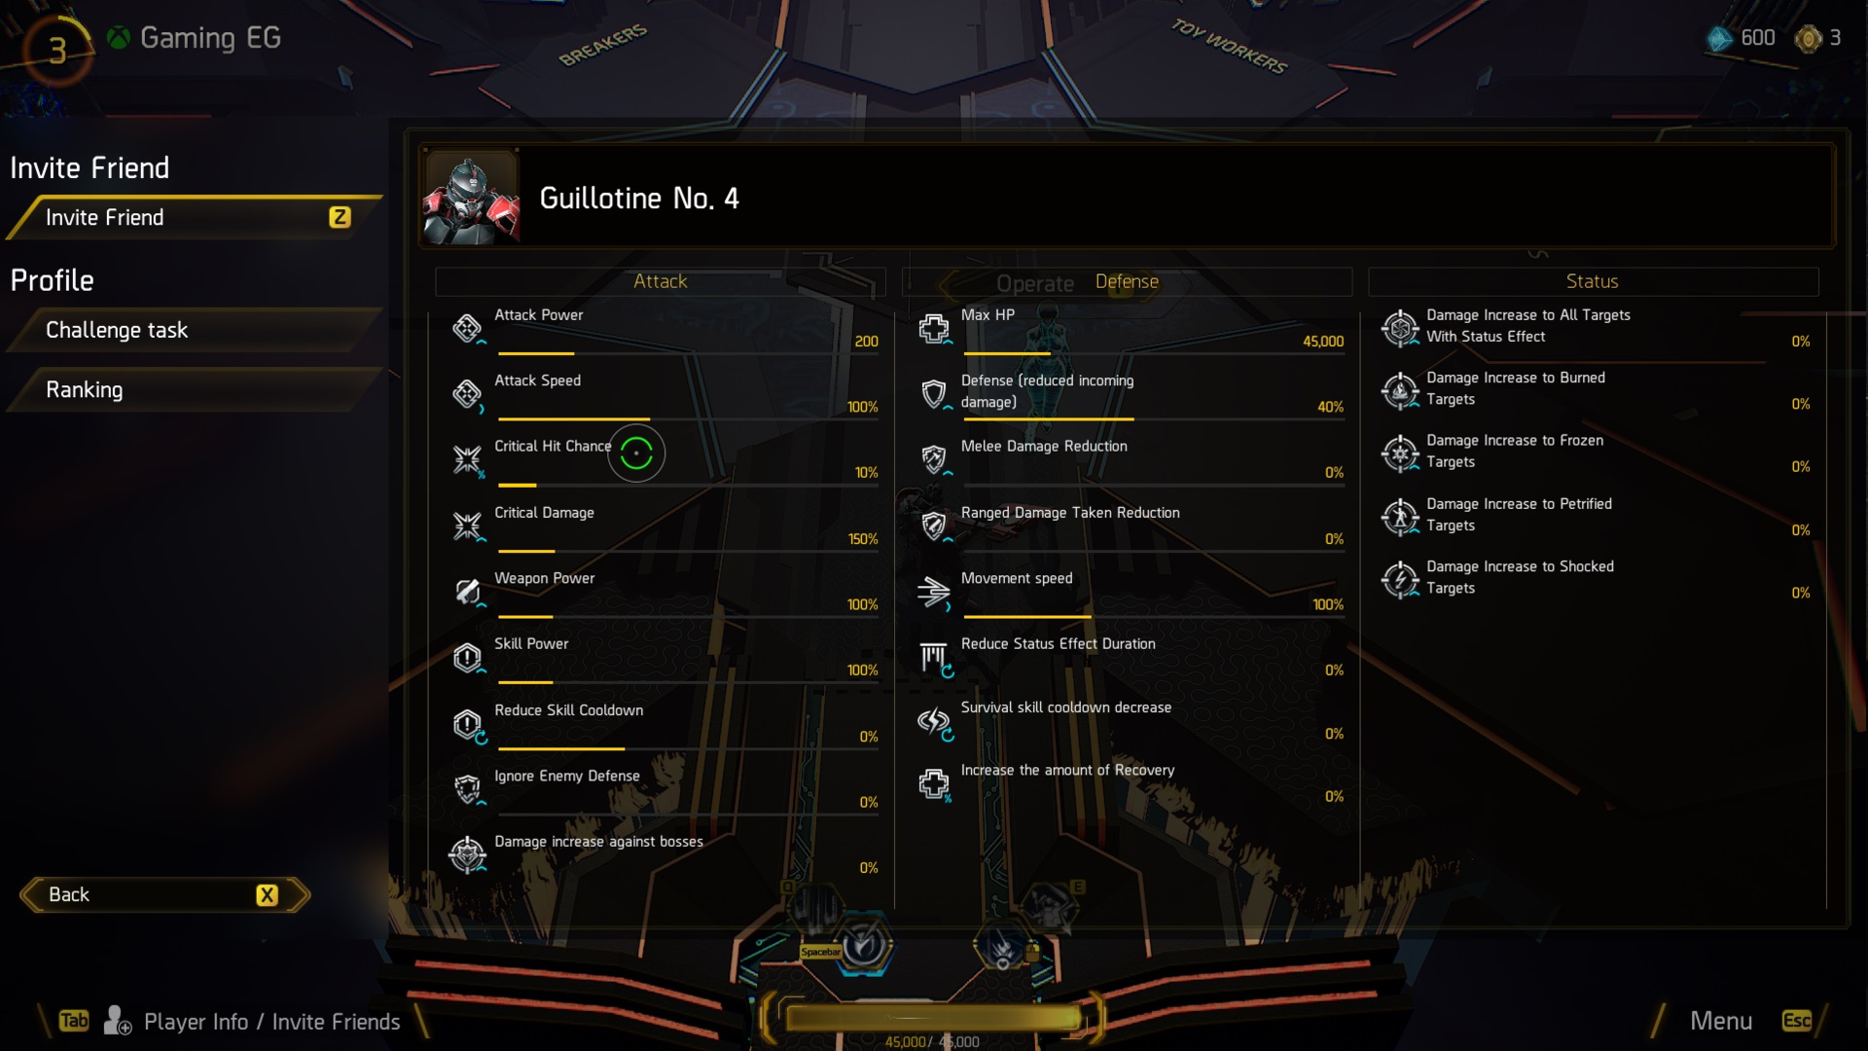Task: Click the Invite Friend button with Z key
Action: [x=195, y=218]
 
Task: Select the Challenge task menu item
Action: [x=195, y=331]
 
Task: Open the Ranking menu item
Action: [x=195, y=390]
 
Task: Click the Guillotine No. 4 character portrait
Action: [x=471, y=198]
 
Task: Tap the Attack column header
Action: [x=660, y=281]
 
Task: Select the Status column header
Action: [x=1592, y=281]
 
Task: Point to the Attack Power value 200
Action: [x=866, y=342]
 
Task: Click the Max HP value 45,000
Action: [x=1322, y=342]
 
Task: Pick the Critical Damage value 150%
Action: [x=862, y=539]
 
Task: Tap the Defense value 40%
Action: [x=1330, y=407]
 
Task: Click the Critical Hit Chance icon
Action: [x=467, y=459]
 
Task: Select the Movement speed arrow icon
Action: [x=933, y=591]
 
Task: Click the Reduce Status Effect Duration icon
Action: [x=934, y=658]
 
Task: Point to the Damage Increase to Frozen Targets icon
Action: [x=1400, y=453]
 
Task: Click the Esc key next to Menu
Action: [x=1796, y=1020]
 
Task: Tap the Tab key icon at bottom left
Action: [x=74, y=1020]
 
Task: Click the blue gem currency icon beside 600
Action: [x=1720, y=39]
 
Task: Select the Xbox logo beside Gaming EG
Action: [x=119, y=38]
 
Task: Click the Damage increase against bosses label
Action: [x=598, y=842]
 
